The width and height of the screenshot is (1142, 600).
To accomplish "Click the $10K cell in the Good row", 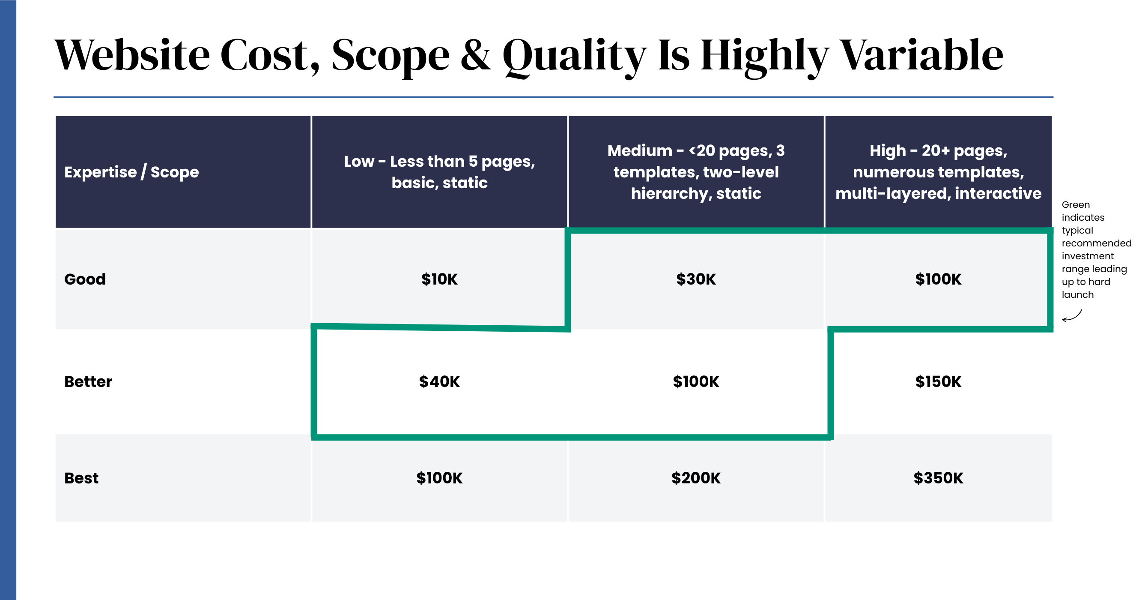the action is [x=439, y=279].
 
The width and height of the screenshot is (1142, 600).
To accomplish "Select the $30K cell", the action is [x=696, y=279].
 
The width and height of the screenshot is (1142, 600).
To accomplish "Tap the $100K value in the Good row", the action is [x=938, y=279].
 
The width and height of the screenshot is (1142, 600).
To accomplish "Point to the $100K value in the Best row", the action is [x=439, y=478].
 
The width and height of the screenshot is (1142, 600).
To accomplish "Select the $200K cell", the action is [x=696, y=478].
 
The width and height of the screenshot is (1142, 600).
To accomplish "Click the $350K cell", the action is [x=938, y=478].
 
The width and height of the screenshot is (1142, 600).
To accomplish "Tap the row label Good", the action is [x=85, y=279].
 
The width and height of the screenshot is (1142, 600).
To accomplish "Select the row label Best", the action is [x=81, y=478].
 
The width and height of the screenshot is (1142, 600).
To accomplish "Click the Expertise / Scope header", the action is [x=131, y=172].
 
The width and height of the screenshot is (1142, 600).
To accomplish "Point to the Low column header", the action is [x=439, y=172].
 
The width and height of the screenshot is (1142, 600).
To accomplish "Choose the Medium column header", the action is [x=696, y=172].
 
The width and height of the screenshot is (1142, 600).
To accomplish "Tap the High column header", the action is [x=938, y=172].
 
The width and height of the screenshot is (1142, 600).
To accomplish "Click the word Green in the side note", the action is [x=1076, y=204].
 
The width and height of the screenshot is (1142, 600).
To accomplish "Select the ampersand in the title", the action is [x=476, y=55].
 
